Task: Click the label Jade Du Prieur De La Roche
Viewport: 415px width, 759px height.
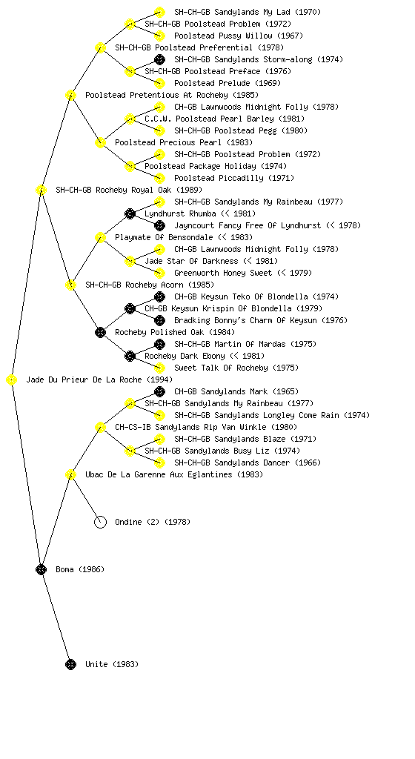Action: (84, 380)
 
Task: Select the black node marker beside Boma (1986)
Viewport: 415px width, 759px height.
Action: (41, 569)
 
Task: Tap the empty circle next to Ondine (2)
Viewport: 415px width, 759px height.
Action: (100, 522)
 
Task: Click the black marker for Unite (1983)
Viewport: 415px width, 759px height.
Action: (70, 664)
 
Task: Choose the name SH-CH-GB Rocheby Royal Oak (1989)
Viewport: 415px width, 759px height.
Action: (129, 190)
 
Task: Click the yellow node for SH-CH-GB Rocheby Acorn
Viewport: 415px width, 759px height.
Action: (70, 285)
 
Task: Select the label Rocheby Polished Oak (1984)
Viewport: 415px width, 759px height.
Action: (175, 333)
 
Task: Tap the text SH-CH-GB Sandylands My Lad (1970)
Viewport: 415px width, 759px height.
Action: (248, 12)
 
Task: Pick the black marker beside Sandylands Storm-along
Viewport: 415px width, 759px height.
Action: (159, 59)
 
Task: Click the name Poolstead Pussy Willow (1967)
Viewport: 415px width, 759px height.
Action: (239, 36)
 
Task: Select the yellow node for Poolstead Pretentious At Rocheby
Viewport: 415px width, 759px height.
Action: (70, 95)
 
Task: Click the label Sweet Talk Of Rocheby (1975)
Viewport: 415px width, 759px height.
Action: (236, 368)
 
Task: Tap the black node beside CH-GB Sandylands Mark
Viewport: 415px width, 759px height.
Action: (159, 391)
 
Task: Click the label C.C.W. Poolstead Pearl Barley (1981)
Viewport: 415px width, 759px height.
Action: (225, 119)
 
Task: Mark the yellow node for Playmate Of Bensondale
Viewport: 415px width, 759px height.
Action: (100, 237)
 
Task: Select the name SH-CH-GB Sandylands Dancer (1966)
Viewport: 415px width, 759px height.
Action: (248, 463)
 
